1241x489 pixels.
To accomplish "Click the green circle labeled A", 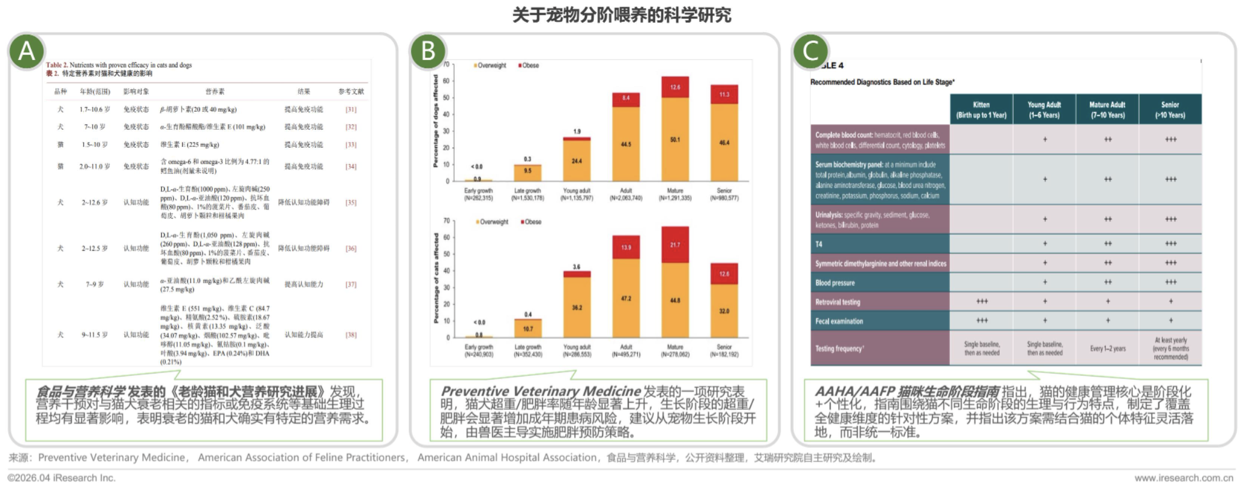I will tap(27, 51).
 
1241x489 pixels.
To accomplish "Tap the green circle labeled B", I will tap(428, 51).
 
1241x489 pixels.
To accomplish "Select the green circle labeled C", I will tap(811, 51).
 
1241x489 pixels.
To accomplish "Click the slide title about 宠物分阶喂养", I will tap(621, 14).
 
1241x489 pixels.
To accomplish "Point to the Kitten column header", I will tap(981, 109).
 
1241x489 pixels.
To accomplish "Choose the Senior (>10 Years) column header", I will tap(1170, 109).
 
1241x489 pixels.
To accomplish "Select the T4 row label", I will tap(819, 244).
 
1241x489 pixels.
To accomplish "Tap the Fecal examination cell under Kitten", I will tap(982, 321).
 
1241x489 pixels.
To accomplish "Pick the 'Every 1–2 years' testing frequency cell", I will tap(1107, 349).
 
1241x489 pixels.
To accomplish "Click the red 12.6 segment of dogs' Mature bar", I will tap(675, 87).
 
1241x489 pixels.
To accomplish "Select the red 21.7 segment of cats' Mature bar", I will tap(675, 244).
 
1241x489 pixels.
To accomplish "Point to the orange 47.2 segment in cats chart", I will tap(626, 298).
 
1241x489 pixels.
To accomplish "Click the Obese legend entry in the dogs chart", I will tap(529, 65).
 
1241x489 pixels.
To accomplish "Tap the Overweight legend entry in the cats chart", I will tap(492, 222).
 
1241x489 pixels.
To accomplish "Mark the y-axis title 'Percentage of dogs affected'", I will tap(436, 121).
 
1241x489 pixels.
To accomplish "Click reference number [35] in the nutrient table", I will tap(351, 202).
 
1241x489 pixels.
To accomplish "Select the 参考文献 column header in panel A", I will tap(351, 92).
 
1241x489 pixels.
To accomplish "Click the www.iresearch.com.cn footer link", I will tap(1183, 478).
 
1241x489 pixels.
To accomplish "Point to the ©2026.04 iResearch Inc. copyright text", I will tap(61, 478).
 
